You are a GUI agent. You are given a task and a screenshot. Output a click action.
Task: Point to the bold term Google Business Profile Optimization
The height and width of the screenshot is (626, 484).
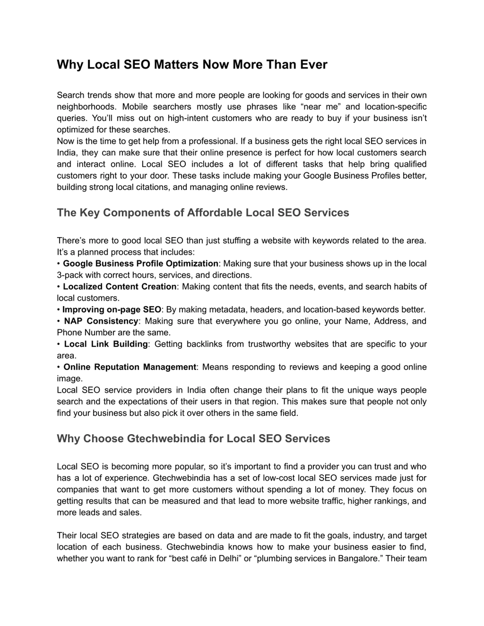[x=140, y=263]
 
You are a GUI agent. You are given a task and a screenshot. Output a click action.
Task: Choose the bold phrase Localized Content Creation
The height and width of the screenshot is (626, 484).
[x=119, y=286]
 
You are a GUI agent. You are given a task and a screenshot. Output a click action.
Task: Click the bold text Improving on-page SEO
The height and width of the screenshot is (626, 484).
[x=112, y=310]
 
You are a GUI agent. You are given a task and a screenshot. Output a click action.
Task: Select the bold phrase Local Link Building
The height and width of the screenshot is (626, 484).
[x=105, y=344]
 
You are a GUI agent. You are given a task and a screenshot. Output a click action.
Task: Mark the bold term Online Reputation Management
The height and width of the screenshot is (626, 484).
[x=130, y=367]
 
